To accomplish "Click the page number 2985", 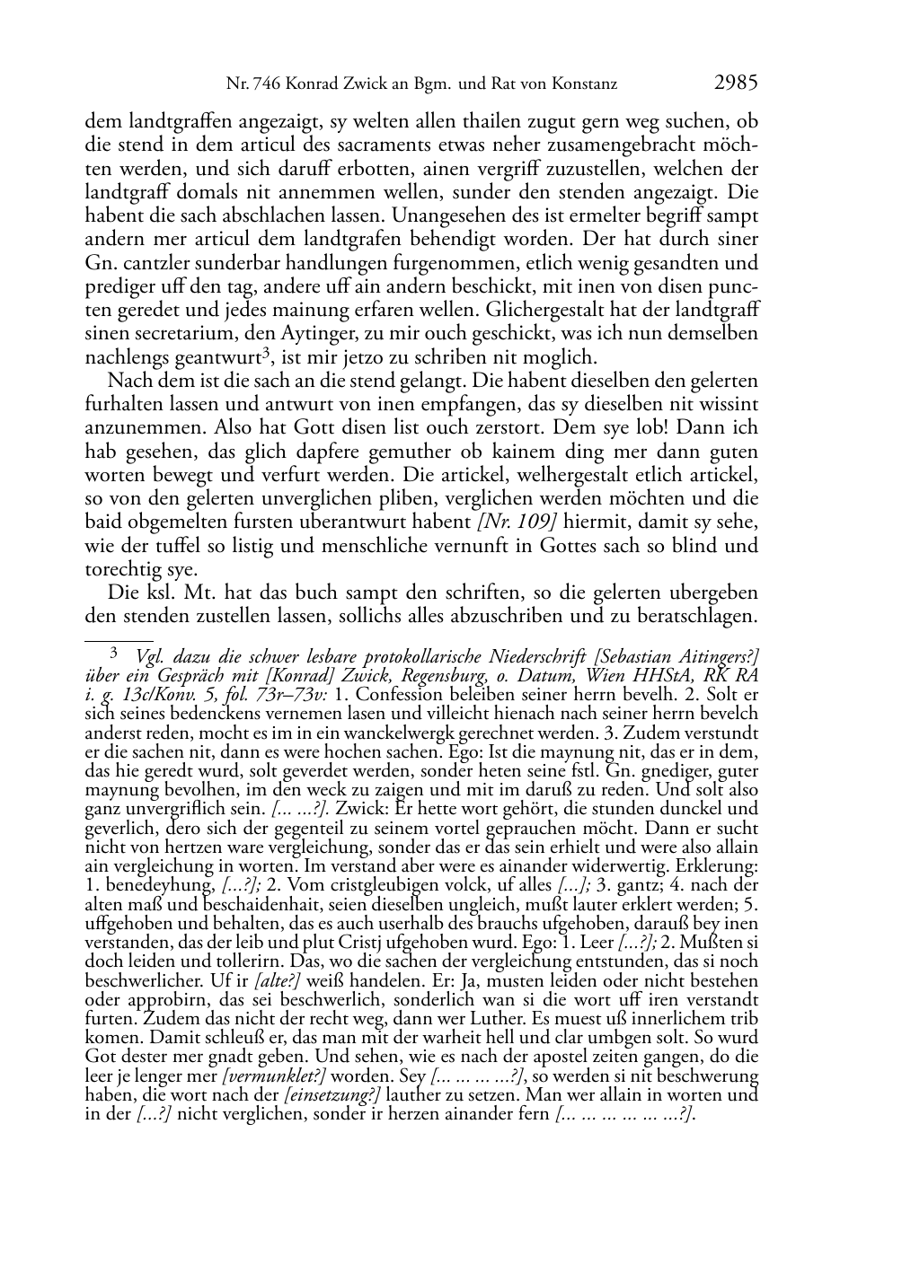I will (x=736, y=83).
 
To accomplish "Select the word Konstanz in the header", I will (x=587, y=85).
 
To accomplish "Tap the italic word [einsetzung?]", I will (x=332, y=1094).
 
